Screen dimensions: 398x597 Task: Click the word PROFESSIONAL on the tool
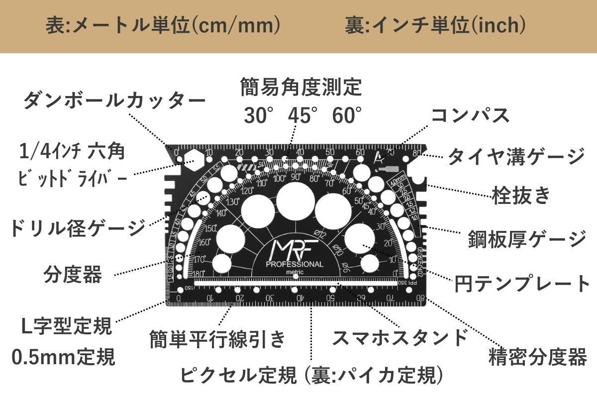(295, 264)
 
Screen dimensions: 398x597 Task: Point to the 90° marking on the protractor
(296, 177)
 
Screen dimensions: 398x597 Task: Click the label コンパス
(470, 115)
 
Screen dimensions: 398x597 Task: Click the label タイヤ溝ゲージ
(516, 157)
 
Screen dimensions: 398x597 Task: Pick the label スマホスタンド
(399, 337)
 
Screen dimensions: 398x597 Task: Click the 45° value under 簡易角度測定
(302, 115)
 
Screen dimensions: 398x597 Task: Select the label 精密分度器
(537, 357)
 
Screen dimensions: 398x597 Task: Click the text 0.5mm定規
(64, 356)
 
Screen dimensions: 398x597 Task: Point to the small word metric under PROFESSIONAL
(295, 272)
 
